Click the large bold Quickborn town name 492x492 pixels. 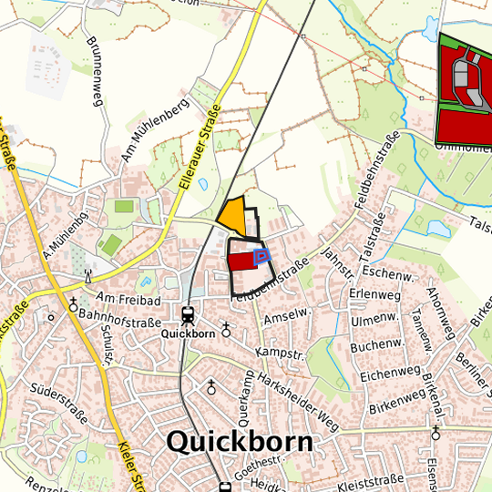point(240,442)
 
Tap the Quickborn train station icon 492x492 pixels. point(189,316)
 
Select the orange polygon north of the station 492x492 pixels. point(233,215)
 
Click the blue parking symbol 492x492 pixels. point(261,256)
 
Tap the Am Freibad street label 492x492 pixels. point(128,299)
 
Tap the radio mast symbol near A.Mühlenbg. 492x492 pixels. point(88,274)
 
